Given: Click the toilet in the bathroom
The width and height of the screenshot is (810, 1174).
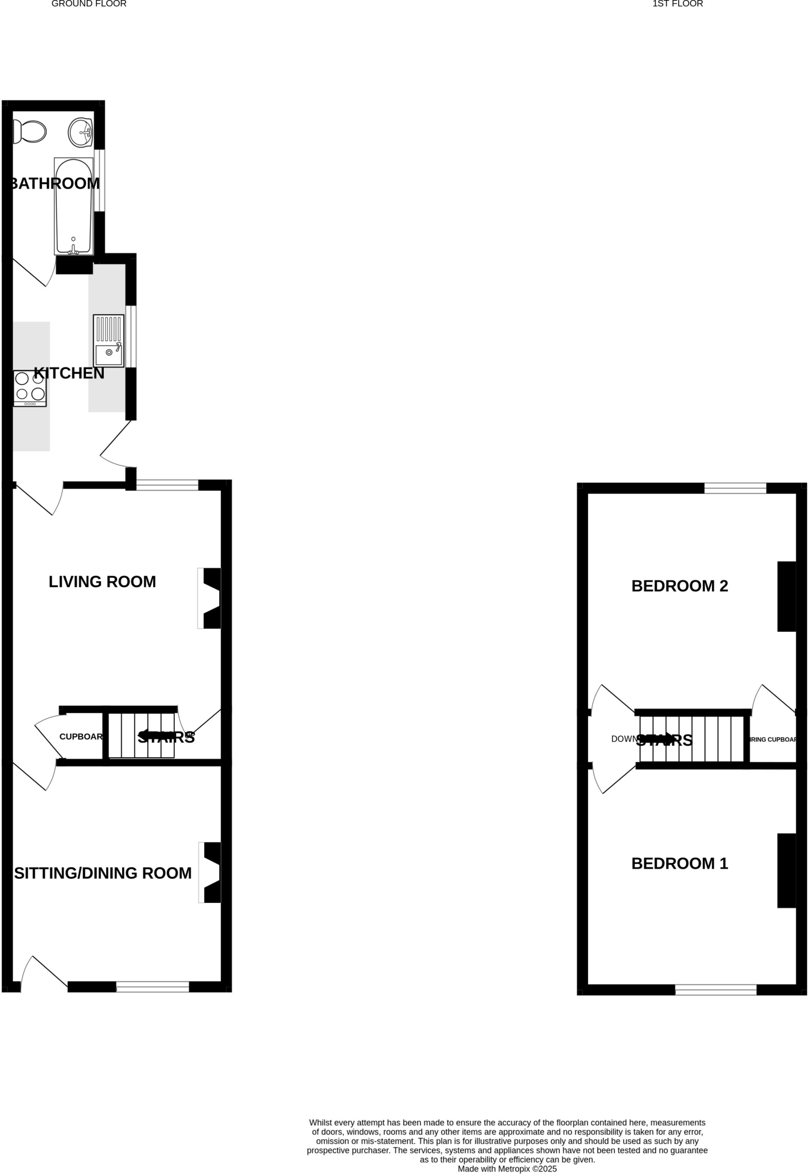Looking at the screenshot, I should tap(30, 132).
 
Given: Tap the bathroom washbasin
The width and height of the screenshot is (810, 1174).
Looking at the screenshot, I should tap(80, 132).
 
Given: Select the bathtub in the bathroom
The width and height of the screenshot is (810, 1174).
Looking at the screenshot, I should tap(73, 206).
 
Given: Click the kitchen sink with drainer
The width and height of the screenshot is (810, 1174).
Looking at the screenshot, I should tap(108, 341).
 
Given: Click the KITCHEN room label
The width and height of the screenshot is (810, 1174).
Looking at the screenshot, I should tap(69, 373).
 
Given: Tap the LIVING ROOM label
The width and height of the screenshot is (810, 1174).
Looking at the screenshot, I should tap(102, 582).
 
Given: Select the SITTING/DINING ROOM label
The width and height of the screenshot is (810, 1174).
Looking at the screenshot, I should tap(103, 873).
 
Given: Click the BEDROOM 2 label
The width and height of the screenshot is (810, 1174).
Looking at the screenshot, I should tap(680, 586).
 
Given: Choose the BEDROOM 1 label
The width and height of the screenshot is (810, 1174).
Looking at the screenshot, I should tap(680, 863).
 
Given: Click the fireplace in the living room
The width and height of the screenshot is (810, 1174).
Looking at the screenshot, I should tap(211, 598).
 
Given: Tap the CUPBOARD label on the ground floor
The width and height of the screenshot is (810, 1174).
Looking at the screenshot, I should tap(81, 737).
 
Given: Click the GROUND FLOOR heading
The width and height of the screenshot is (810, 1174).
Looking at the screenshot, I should tap(89, 4).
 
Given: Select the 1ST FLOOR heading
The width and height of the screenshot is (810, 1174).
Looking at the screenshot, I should tap(677, 4).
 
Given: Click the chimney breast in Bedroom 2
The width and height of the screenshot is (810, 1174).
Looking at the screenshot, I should tap(786, 596).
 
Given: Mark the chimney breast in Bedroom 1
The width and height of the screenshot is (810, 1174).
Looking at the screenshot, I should tap(786, 870).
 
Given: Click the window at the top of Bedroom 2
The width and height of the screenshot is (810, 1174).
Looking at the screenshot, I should tap(735, 488).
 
